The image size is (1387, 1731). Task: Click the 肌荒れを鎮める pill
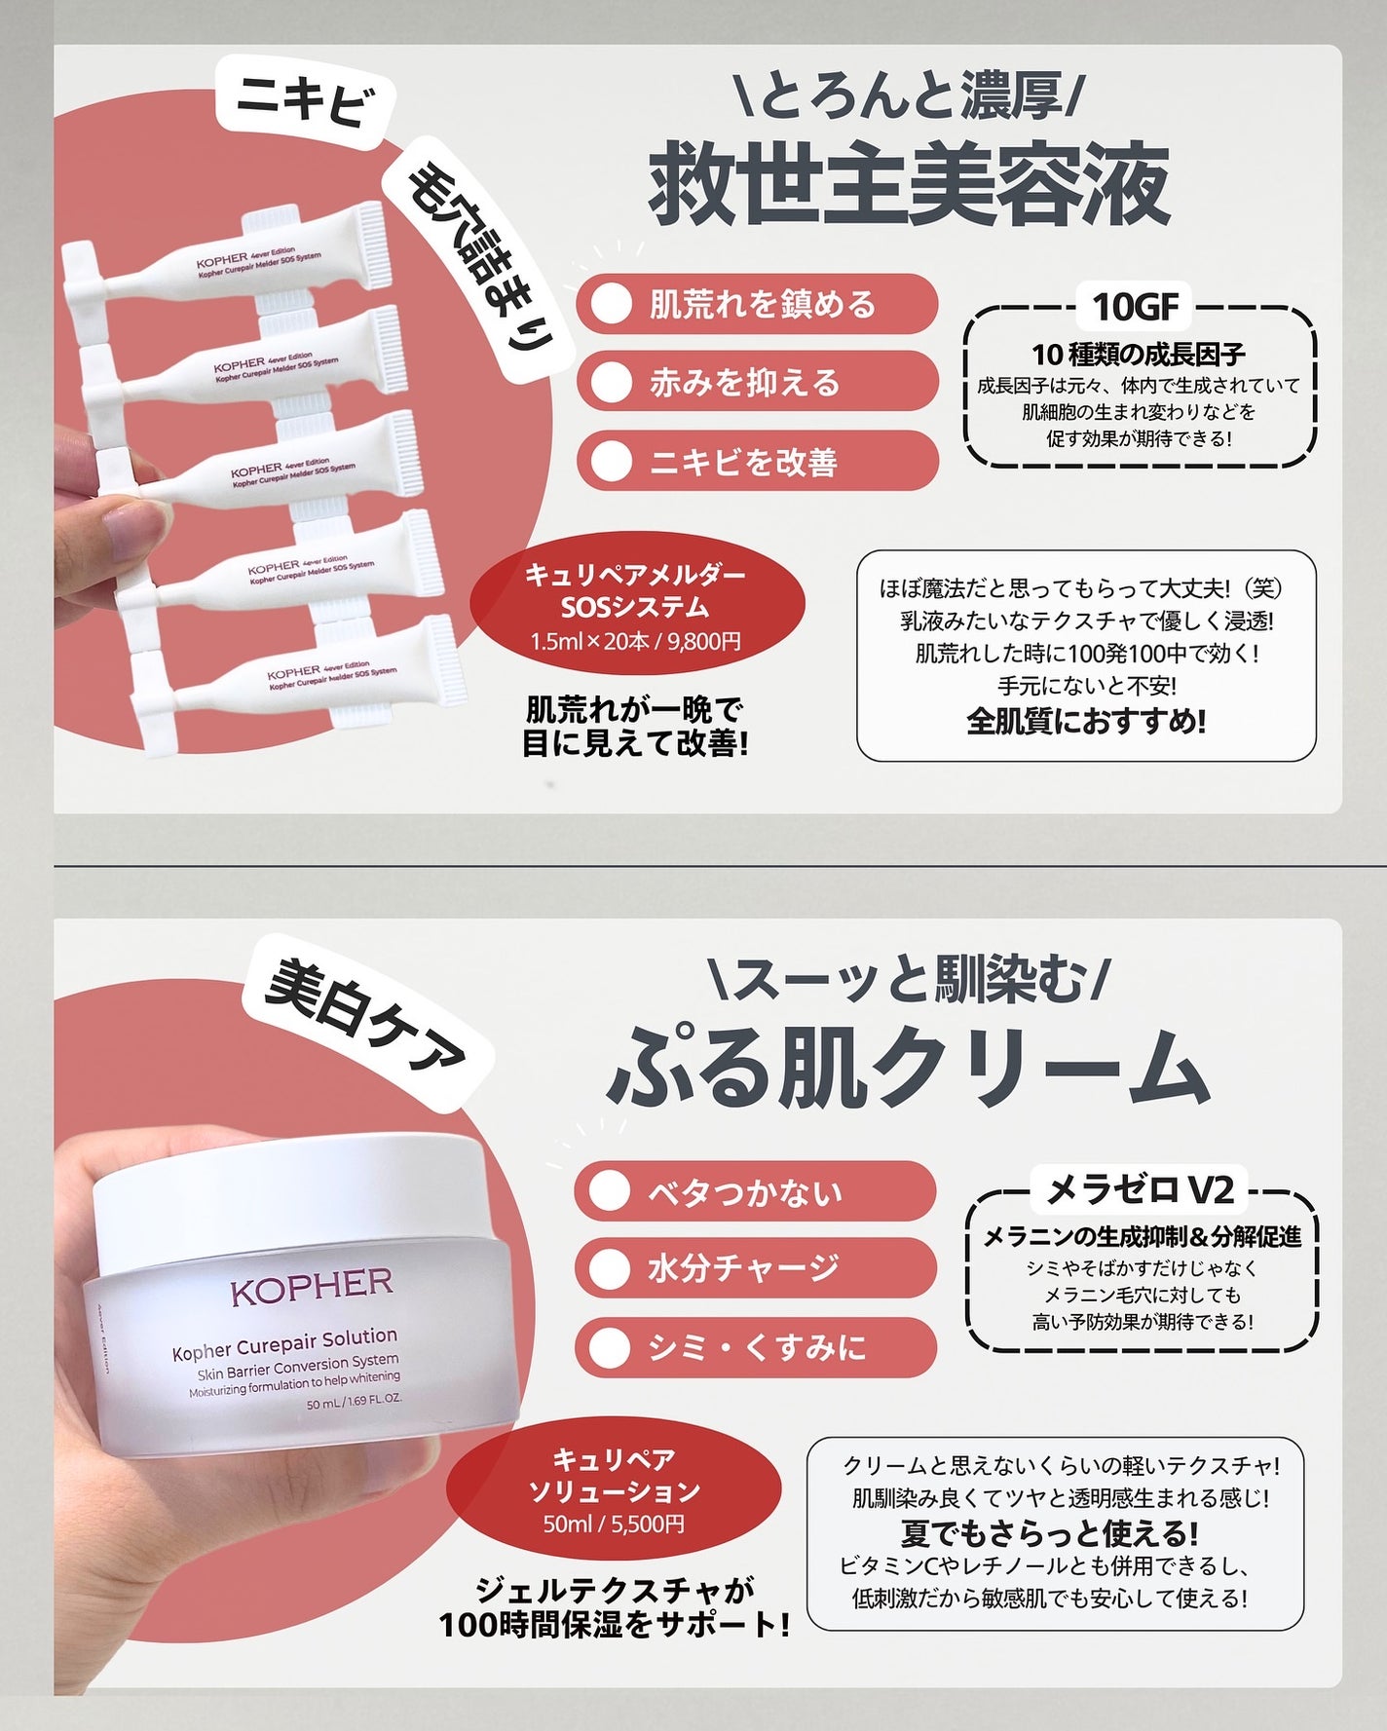(x=757, y=305)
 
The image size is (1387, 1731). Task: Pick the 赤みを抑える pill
(x=757, y=383)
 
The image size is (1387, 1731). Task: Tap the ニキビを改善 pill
(x=757, y=461)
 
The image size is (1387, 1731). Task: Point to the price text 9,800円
(x=704, y=642)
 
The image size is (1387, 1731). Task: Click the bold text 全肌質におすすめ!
(x=1086, y=722)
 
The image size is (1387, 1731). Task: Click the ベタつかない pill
(x=755, y=1191)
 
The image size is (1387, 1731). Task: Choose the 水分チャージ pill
(x=755, y=1268)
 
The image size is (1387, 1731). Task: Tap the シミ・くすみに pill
(x=755, y=1347)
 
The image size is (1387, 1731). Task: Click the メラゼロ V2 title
(x=1140, y=1190)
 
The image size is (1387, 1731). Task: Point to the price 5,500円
(x=648, y=1524)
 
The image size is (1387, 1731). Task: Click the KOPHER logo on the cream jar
(x=312, y=1289)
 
